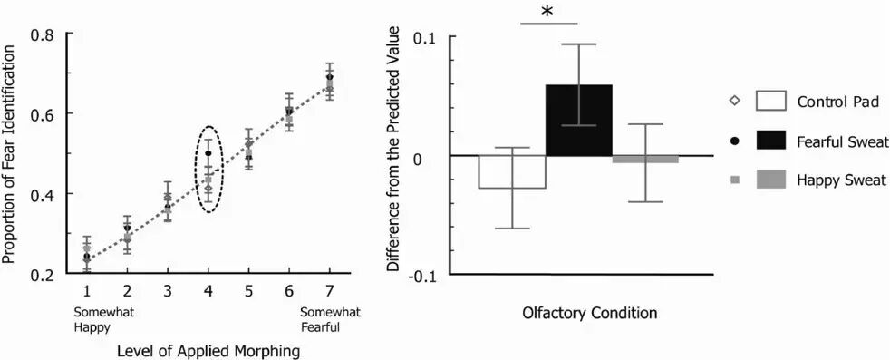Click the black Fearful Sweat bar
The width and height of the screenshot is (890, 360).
(x=579, y=120)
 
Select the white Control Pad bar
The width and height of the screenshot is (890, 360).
(x=512, y=171)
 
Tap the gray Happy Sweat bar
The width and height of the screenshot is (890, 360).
(x=645, y=159)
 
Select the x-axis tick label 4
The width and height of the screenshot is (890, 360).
(x=208, y=292)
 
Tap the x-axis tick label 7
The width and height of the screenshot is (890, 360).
(x=330, y=292)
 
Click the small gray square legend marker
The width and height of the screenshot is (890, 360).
(x=735, y=180)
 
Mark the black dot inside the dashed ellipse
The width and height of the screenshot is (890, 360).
(x=208, y=153)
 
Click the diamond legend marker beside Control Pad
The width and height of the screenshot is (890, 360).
(x=735, y=102)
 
